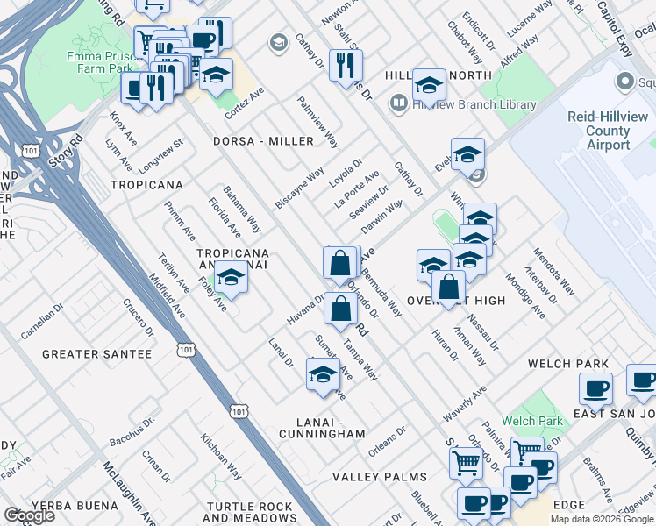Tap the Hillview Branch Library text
pos(474,104)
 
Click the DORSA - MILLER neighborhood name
pos(263,141)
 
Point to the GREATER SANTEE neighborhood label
pos(97,354)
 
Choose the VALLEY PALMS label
pos(380,478)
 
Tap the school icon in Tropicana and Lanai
pos(231,278)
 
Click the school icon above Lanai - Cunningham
pos(323,374)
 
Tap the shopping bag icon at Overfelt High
pos(448,287)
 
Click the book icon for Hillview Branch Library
pos(398,104)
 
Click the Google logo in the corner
pos(29,515)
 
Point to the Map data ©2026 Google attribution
pos(602,519)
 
